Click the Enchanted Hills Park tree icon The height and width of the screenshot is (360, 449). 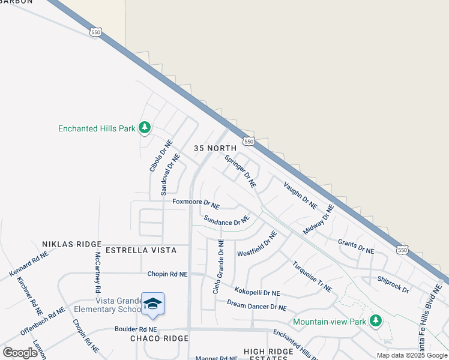(144, 127)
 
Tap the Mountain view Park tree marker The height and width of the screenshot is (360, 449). (376, 321)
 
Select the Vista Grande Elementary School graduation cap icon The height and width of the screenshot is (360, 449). (153, 304)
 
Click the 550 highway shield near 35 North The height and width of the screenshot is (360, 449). (249, 140)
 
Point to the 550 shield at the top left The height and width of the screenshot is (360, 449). (95, 32)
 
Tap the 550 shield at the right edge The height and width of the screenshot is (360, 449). (403, 249)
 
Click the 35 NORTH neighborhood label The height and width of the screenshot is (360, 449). (215, 148)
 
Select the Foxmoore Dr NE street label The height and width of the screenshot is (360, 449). (196, 203)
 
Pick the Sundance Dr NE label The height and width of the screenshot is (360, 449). (226, 221)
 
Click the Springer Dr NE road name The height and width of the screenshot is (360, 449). (241, 170)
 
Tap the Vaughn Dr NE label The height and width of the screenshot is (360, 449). (300, 195)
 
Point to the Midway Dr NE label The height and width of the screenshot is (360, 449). (318, 220)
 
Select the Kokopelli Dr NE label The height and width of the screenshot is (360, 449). (257, 292)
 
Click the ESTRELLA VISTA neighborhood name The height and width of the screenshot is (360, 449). (140, 250)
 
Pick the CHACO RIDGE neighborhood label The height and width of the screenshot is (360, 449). (159, 338)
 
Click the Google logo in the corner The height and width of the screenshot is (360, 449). (20, 352)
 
